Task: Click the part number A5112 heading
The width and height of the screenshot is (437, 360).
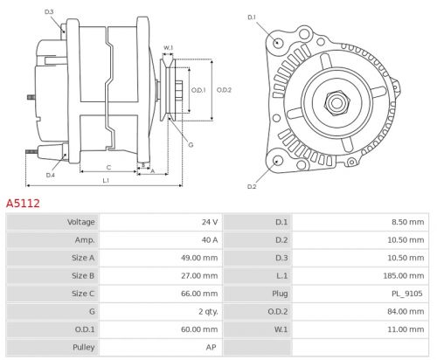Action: coord(24,203)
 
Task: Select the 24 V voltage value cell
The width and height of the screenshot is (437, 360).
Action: coord(209,222)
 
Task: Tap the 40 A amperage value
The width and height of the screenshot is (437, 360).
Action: coord(209,240)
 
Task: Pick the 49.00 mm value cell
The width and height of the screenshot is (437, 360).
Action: coord(198,259)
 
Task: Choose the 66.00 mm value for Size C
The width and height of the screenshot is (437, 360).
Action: coord(198,294)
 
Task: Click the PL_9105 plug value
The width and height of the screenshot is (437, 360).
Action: coord(406,294)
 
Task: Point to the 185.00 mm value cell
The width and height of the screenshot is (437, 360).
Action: coord(403,276)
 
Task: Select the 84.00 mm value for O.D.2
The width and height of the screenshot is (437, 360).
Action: coord(406,312)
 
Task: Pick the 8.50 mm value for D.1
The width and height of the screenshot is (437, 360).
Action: coord(408,222)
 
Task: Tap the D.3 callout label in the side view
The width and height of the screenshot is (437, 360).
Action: coord(49,12)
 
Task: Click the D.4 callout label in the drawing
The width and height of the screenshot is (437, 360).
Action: coord(50,175)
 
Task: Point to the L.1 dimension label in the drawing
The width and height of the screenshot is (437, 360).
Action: coord(105,180)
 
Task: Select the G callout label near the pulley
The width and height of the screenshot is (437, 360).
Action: coord(191,144)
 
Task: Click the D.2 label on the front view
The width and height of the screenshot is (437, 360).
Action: coord(252,186)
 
